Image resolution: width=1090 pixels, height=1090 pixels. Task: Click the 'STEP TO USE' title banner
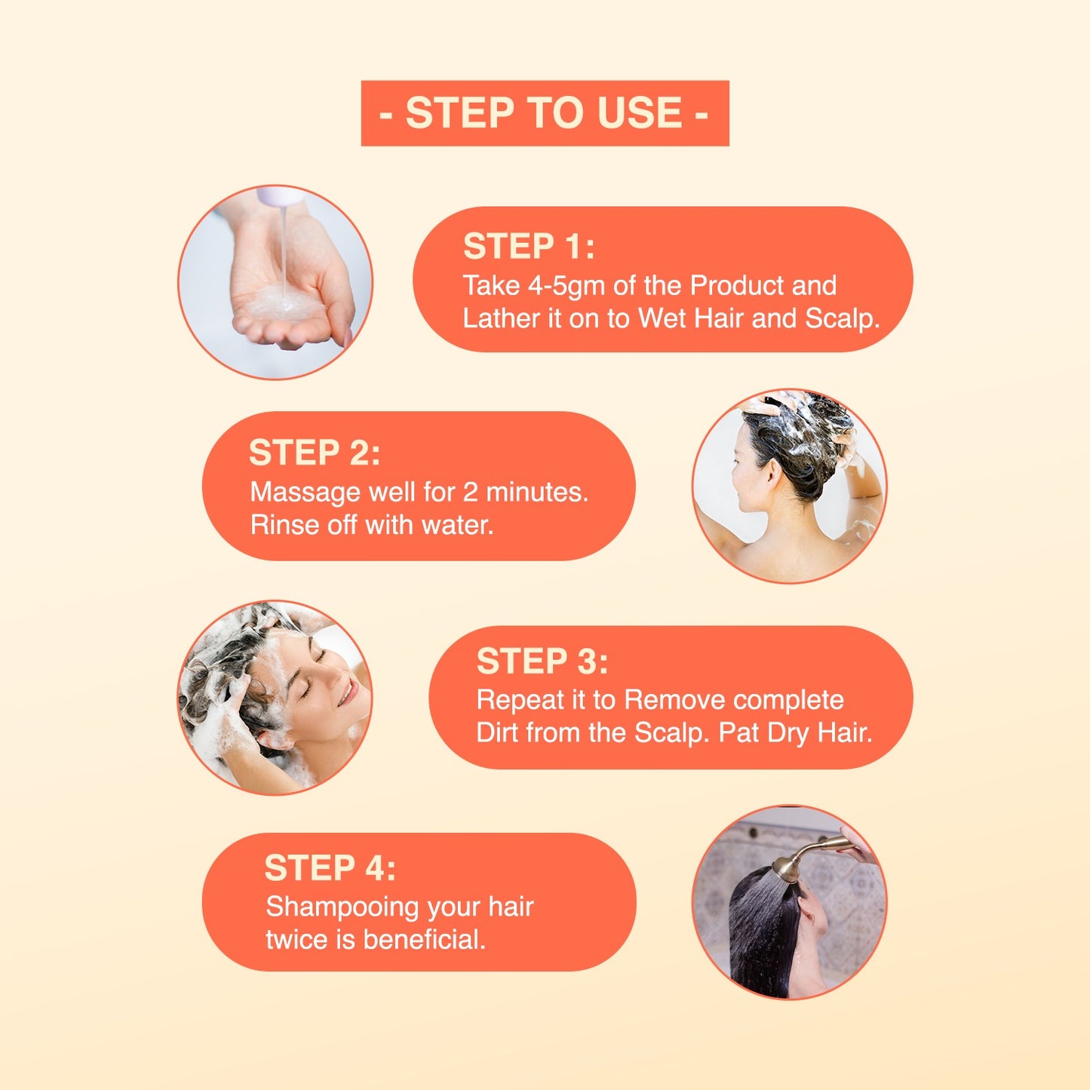click(545, 113)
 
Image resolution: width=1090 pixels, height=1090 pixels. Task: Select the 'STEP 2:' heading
click(315, 453)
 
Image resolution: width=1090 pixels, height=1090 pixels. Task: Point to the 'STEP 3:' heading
click(542, 661)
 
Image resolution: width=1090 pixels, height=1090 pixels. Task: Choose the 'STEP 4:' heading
click(330, 867)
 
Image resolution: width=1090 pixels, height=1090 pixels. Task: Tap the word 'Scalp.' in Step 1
click(843, 318)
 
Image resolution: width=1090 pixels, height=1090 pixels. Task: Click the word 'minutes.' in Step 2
click(537, 493)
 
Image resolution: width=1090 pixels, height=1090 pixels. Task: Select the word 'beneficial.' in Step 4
click(424, 941)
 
